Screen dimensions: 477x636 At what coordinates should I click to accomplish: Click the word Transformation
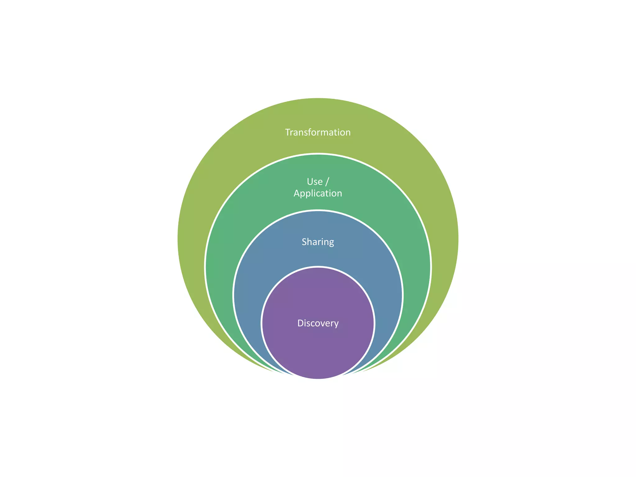pos(318,132)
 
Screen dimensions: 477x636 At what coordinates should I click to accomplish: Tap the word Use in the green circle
pos(315,182)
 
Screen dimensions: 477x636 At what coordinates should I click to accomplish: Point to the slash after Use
pos(327,182)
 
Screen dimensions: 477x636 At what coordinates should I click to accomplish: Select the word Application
pos(318,193)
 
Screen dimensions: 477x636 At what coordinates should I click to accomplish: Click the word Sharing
pos(318,242)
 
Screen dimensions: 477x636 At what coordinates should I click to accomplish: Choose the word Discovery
pos(318,323)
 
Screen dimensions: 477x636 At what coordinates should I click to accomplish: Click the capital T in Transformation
pos(288,132)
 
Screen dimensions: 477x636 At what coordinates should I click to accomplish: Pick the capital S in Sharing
pos(305,242)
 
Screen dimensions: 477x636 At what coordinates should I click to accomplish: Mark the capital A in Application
pos(297,193)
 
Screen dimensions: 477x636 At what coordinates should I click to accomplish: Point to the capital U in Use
pos(310,182)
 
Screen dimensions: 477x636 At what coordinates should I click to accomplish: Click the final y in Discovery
pos(336,324)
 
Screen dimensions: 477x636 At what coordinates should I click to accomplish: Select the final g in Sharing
pos(331,243)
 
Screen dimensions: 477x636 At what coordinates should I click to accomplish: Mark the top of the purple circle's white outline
pos(318,267)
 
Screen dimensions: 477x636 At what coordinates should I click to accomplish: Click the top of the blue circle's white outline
pos(318,211)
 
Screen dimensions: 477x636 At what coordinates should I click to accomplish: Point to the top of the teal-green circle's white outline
pos(318,154)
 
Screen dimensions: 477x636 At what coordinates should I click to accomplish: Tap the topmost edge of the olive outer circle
pos(318,98)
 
